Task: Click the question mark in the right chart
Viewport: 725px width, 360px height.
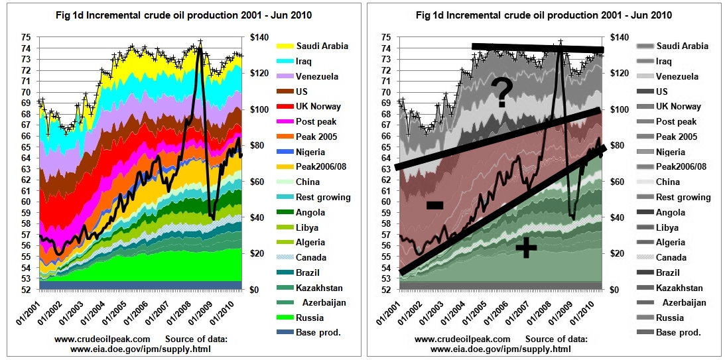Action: tap(501, 93)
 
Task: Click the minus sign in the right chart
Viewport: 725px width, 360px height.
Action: tap(434, 206)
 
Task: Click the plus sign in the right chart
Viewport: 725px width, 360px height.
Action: tap(526, 247)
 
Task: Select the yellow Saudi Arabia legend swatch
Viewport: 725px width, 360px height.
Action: tap(283, 46)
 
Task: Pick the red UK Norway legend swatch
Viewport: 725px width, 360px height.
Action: tap(283, 107)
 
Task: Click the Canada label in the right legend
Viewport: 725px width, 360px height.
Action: tap(671, 257)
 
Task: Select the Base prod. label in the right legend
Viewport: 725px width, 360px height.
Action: tap(679, 333)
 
